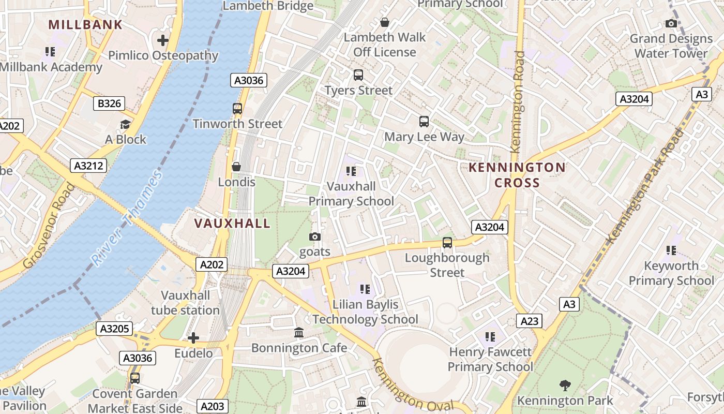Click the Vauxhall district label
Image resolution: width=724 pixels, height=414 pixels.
232,223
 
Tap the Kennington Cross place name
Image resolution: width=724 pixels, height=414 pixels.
517,175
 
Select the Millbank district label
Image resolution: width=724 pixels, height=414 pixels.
85,24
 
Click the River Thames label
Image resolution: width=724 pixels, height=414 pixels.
127,217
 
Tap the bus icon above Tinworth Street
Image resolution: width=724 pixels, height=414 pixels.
237,109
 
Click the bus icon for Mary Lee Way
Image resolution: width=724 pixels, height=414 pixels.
424,122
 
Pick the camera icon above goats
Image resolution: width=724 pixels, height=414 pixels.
314,237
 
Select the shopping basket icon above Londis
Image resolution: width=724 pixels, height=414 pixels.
236,167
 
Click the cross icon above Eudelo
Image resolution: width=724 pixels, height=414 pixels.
193,338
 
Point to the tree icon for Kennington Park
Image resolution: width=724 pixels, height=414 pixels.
565,385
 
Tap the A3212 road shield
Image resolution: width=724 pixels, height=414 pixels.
88,166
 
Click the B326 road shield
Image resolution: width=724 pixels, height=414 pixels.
110,103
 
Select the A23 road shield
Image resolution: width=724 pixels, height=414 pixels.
529,321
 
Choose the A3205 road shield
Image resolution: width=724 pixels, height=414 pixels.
114,328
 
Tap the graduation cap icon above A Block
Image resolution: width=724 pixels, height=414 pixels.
125,124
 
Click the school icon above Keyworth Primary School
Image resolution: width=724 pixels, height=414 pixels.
671,250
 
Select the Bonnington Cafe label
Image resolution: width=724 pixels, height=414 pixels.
299,348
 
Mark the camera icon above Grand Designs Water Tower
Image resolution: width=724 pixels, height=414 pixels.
671,23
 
